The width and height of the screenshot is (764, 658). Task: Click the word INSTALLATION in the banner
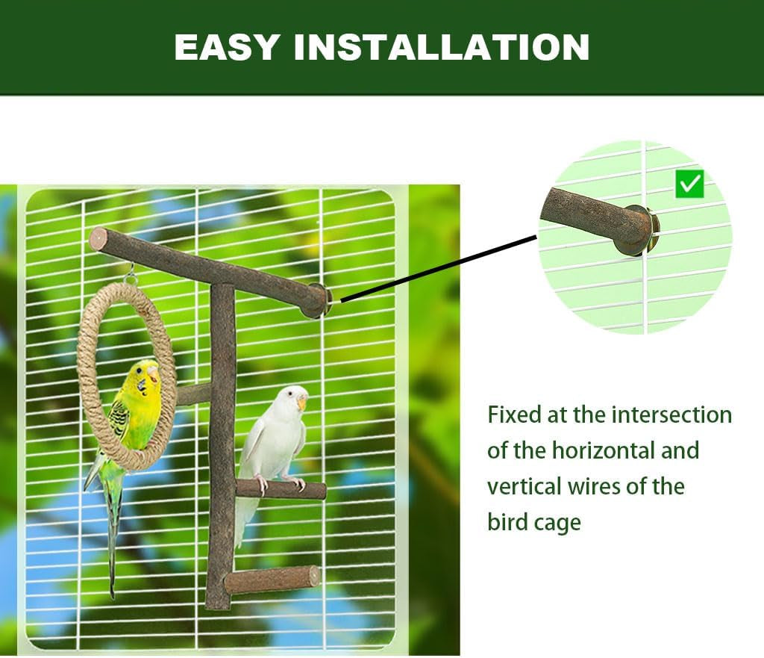pos(442,47)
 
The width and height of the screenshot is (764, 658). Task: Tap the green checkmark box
pos(689,184)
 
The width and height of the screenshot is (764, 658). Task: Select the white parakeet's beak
pos(301,403)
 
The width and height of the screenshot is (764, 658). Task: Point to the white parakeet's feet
pos(280,482)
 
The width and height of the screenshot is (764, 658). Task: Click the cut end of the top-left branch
pos(98,239)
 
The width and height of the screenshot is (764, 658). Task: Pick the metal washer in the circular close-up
pos(652,230)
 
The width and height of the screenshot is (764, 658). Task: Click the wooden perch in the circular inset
pos(589,217)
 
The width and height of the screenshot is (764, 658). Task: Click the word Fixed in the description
pos(515,415)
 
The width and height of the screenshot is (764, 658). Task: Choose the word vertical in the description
pos(522,487)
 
